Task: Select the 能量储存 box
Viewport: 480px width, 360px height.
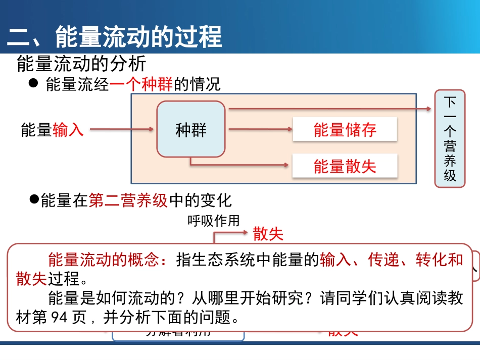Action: coord(345,130)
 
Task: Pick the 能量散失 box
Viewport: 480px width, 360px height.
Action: coord(345,166)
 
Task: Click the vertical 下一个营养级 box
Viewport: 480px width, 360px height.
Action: coord(450,138)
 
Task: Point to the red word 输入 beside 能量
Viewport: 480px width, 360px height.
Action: coord(68,130)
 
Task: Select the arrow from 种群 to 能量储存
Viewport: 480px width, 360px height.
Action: coord(260,130)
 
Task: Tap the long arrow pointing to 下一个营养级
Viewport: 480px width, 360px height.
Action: coord(328,109)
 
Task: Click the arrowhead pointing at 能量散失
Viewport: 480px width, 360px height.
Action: coord(287,165)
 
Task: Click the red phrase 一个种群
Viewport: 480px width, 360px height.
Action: coord(141,84)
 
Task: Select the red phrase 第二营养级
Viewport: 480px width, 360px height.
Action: coord(128,200)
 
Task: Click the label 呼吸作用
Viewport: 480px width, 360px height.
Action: coord(213,221)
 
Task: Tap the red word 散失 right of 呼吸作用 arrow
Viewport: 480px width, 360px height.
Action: coord(268,234)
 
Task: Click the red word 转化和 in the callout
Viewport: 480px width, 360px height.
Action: coord(439,260)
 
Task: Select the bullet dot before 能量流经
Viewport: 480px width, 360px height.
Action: coord(34,83)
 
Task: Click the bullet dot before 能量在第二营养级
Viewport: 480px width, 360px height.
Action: coord(34,199)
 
